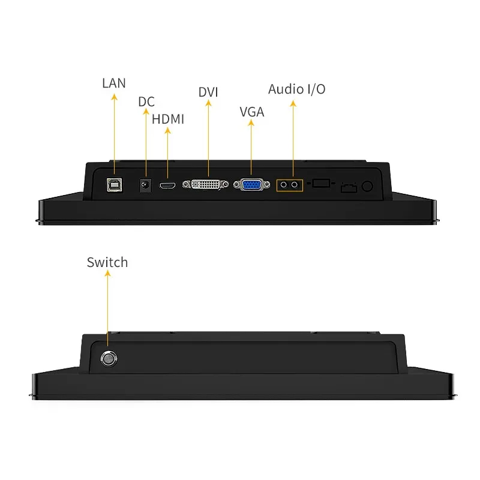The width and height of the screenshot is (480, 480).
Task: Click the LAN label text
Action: point(114,83)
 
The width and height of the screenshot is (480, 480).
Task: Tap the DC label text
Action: point(146,102)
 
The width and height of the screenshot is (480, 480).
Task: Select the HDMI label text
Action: point(168,119)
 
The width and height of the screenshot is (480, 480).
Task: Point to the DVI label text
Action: point(208,92)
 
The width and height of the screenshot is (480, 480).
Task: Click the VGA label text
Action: point(251,112)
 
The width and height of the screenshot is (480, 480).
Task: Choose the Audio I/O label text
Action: point(296,89)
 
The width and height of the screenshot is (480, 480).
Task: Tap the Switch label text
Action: point(107,262)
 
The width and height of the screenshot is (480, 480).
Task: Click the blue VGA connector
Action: point(251,185)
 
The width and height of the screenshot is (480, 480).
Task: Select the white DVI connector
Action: point(205,185)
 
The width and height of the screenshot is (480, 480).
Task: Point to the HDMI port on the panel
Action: point(167,185)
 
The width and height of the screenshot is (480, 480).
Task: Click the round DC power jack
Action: point(145,185)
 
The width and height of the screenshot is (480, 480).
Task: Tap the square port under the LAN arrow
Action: point(115,185)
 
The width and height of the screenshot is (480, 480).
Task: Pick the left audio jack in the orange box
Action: point(284,185)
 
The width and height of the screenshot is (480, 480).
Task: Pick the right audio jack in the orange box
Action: point(295,185)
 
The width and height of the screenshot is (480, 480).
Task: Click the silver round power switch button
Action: point(109,358)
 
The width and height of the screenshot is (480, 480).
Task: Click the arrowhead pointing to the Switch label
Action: point(107,274)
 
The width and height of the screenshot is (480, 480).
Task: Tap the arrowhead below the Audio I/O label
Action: point(293,104)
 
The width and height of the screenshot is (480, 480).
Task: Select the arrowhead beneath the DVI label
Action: point(208,103)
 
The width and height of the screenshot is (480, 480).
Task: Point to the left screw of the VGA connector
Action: point(236,185)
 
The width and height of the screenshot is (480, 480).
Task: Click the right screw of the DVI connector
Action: point(225,184)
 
